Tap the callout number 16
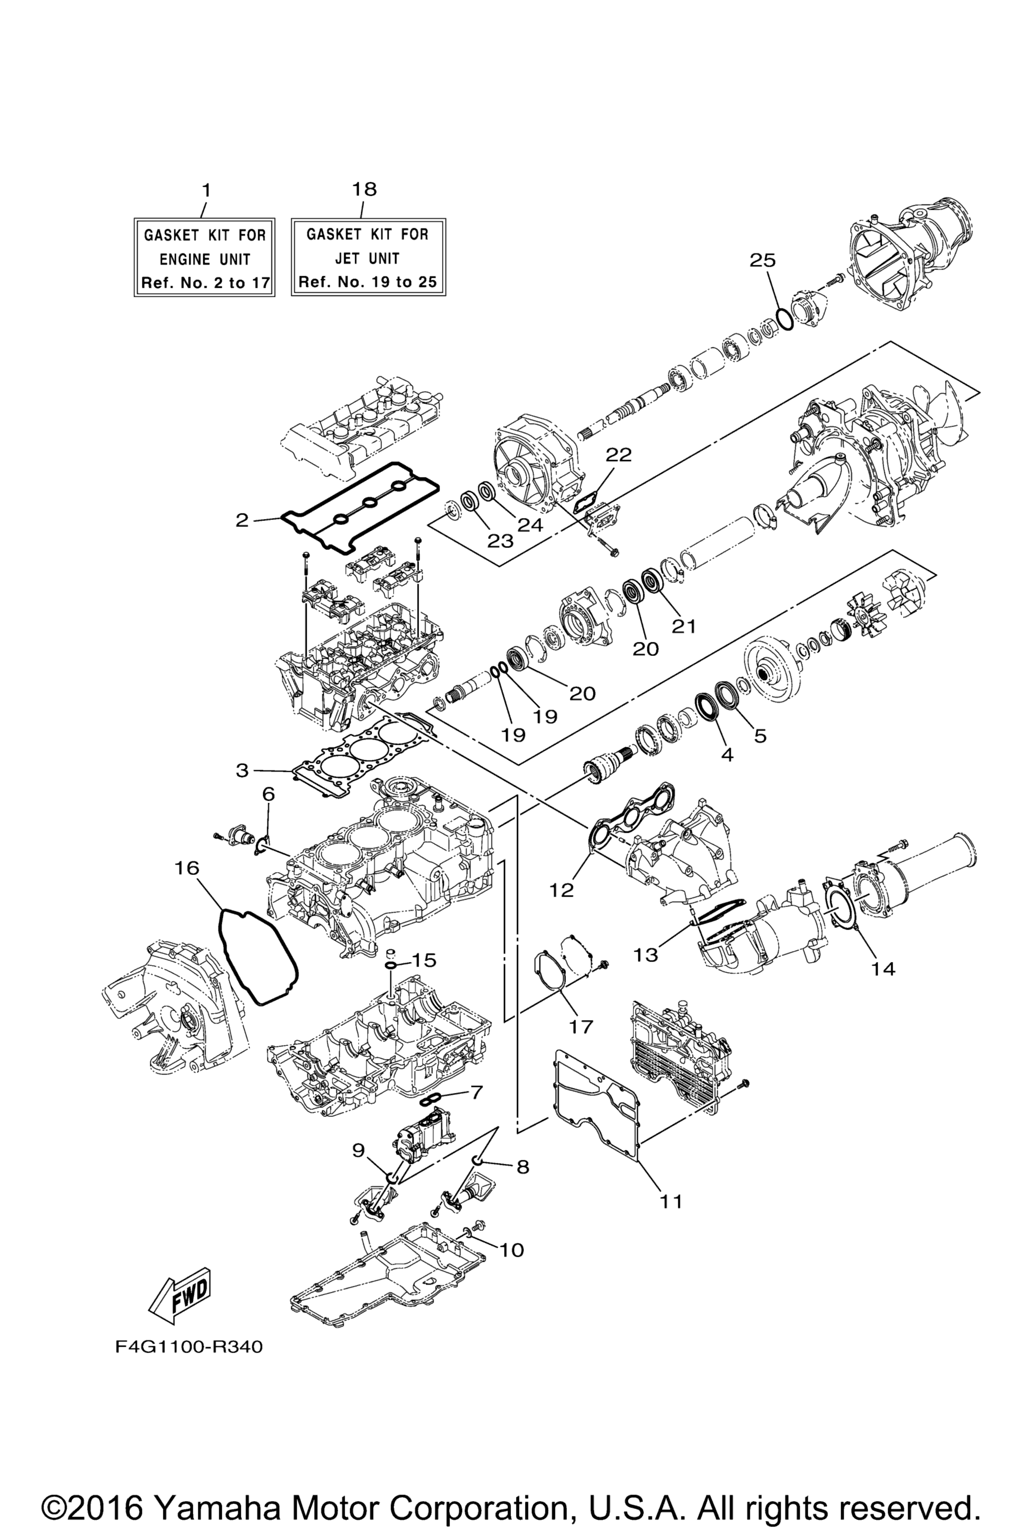coord(187,868)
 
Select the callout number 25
coord(762,260)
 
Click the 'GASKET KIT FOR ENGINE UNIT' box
coord(204,258)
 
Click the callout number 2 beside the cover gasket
coord(242,520)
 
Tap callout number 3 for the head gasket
coord(242,770)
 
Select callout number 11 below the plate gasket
coord(671,1201)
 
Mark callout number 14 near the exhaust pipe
coord(883,987)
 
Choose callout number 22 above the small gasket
coord(618,455)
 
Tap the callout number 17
coord(580,1026)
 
